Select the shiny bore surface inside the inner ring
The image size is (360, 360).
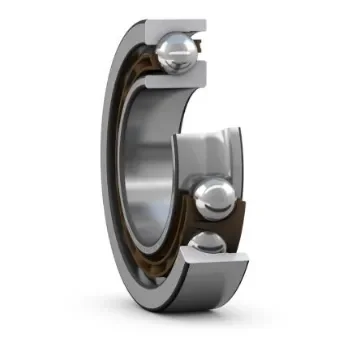[x=150, y=160]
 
